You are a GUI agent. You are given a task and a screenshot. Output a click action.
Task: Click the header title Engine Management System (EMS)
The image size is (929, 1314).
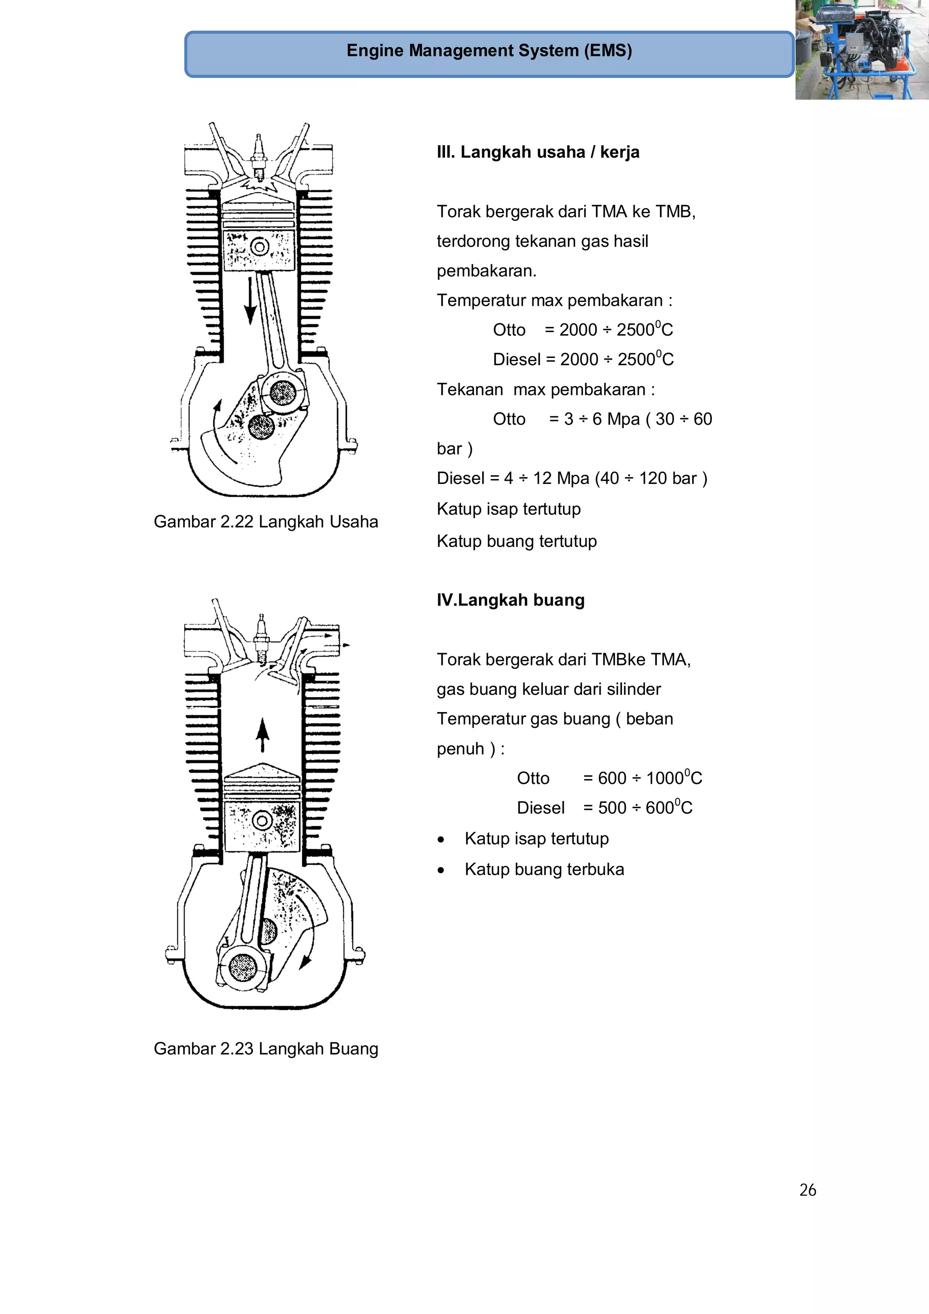pos(489,50)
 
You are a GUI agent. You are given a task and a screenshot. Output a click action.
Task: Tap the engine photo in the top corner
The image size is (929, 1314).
pos(861,50)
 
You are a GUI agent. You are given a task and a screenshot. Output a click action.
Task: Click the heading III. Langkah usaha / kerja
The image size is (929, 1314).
pos(538,152)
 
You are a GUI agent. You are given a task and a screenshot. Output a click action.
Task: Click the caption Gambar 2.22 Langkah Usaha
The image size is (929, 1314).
pos(266,522)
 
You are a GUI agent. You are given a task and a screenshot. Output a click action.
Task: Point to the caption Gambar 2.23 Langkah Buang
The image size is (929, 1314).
pos(266,1049)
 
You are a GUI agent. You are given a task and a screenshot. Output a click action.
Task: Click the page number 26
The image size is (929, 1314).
pos(807,1190)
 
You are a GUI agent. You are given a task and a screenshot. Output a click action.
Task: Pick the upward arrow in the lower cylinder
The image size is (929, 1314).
pos(262,735)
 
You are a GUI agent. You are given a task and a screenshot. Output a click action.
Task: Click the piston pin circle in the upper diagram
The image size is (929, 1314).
pos(260,247)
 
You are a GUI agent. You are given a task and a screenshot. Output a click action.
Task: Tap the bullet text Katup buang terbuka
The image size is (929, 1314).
pos(544,869)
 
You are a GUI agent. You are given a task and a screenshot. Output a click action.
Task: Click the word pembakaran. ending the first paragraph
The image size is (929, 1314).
pos(486,271)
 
